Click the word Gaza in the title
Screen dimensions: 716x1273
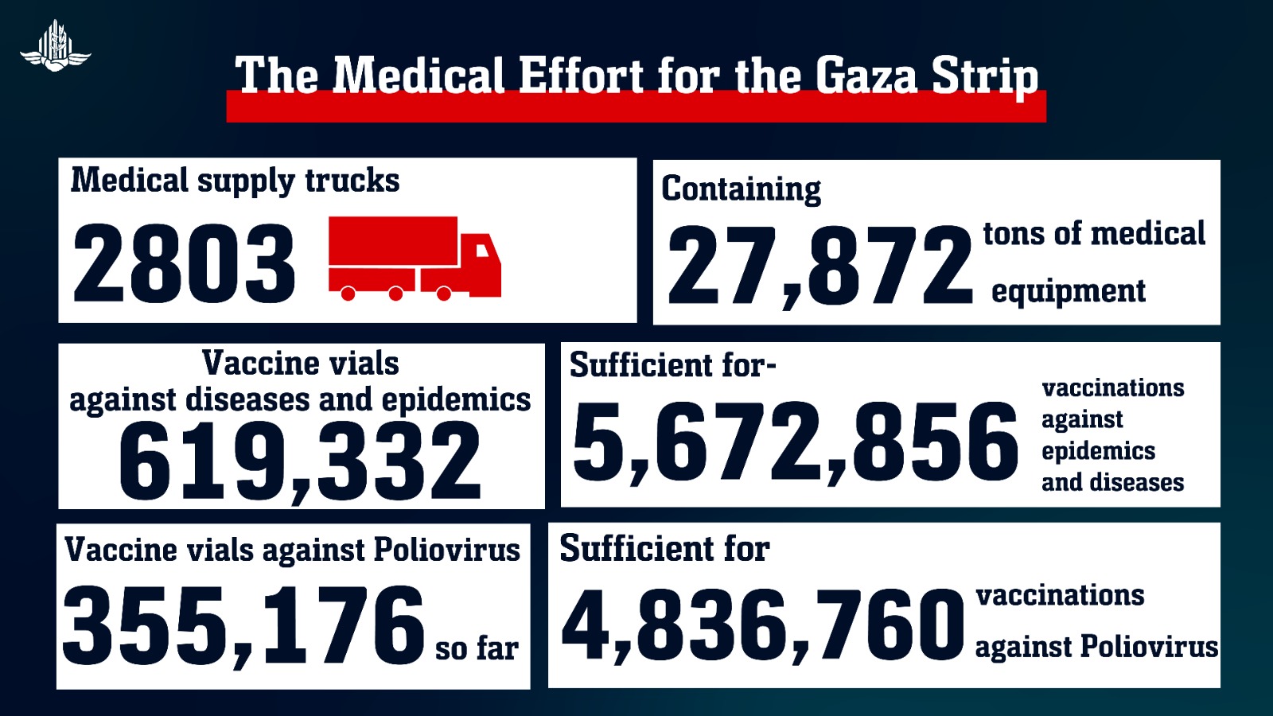pyautogui.click(x=866, y=76)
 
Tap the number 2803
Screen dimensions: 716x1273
pyautogui.click(x=184, y=263)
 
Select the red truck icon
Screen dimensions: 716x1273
pyautogui.click(x=415, y=258)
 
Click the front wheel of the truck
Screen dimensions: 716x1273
pyautogui.click(x=444, y=294)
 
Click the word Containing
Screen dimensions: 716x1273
pyautogui.click(x=741, y=189)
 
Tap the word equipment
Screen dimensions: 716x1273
pyautogui.click(x=1068, y=291)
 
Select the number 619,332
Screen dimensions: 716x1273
pyautogui.click(x=300, y=461)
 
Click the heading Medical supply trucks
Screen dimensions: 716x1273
pyautogui.click(x=235, y=181)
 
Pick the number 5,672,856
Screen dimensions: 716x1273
pyautogui.click(x=795, y=442)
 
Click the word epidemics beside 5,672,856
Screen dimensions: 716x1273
pyautogui.click(x=1098, y=451)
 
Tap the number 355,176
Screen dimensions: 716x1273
pyautogui.click(x=243, y=625)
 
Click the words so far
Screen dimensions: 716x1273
pyautogui.click(x=477, y=648)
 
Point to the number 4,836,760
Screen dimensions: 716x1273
pyautogui.click(x=763, y=625)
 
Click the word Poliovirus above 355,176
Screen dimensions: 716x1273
pyautogui.click(x=446, y=550)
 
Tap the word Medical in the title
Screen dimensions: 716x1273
pyautogui.click(x=418, y=76)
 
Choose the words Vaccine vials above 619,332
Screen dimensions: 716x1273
pyautogui.click(x=300, y=364)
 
